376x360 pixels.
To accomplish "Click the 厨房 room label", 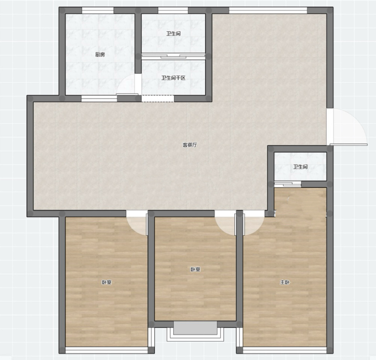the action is tap(100, 54).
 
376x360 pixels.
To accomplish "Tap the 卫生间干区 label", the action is tap(173, 78).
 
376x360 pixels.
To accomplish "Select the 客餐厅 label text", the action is tap(190, 145).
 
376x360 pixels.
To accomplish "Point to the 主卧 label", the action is tap(285, 282).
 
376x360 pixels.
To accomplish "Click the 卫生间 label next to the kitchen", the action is tap(173, 33).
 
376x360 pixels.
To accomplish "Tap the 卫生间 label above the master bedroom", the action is tap(300, 166).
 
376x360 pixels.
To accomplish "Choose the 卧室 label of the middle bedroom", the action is tap(195, 269).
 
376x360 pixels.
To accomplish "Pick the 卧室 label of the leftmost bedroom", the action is tap(106, 282).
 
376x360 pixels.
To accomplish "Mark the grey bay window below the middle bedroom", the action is tap(195, 328).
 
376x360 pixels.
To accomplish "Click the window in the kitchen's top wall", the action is tap(98, 10).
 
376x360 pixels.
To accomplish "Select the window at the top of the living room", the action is tap(268, 10).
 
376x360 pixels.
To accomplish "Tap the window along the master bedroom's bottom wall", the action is tap(285, 350).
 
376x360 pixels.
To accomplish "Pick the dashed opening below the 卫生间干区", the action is tap(158, 98).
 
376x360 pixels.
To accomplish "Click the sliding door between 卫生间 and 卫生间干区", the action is tap(173, 56).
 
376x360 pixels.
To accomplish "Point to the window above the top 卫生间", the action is tap(173, 10).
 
